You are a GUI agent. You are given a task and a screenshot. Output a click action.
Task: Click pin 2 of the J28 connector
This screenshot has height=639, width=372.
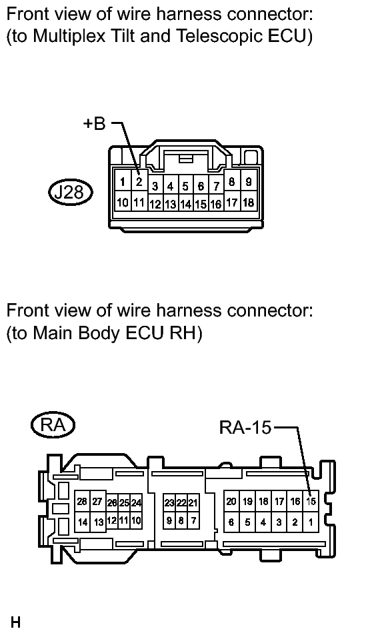pos(139,181)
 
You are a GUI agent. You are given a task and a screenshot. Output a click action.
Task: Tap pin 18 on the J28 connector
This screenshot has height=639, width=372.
pos(248,202)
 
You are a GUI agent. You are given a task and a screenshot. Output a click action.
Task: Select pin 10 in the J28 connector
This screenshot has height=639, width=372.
pos(123,201)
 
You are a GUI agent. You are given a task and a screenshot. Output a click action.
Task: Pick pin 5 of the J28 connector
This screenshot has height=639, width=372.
pos(185,187)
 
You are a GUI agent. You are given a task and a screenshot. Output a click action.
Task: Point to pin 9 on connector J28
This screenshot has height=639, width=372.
pos(248,182)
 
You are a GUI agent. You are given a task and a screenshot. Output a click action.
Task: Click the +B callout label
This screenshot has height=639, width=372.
pos(94,123)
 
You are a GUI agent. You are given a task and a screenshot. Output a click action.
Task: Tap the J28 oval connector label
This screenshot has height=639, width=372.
pos(70,192)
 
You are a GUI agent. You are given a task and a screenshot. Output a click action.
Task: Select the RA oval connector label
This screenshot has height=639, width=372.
pos(53,426)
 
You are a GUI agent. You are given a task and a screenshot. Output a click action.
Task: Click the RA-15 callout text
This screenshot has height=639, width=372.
pos(245,428)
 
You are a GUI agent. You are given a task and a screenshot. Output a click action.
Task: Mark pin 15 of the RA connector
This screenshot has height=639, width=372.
pos(311,501)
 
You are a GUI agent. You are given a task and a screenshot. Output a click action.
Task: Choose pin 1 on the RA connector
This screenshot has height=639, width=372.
pos(311,522)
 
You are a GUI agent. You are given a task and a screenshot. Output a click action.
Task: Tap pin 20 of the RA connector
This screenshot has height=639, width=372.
pos(231,501)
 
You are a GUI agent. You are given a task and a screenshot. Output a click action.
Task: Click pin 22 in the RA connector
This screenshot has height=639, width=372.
pos(182,503)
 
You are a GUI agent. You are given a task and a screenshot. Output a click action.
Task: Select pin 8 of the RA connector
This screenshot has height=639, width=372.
pos(182,520)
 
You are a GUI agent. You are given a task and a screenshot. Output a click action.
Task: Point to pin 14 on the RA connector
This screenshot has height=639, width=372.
pos(83,522)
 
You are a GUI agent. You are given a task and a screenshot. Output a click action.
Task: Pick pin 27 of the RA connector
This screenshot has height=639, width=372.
pos(98,502)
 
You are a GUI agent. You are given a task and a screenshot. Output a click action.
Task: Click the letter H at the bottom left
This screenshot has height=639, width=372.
pos(15,622)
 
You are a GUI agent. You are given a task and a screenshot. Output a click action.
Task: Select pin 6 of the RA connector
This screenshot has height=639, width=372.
pos(231,522)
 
